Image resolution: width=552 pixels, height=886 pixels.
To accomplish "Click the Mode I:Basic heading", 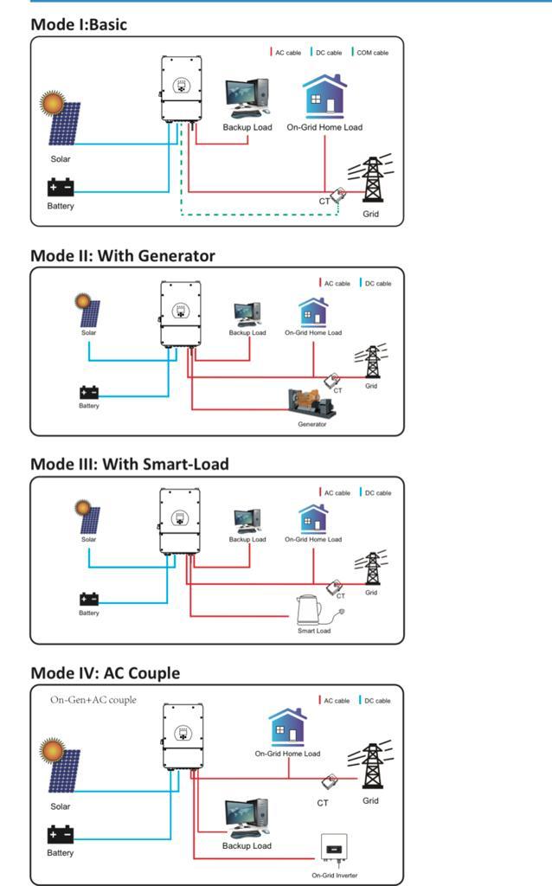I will point(79,24).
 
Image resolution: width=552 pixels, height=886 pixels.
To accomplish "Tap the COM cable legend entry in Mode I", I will point(372,53).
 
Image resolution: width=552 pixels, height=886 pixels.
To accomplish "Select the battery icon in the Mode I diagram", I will point(61,187).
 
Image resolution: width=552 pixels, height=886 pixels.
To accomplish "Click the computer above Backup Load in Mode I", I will point(247,98).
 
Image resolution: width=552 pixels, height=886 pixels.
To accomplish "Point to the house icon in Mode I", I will point(324,96).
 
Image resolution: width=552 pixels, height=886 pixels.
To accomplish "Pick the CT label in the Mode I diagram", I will point(324,201).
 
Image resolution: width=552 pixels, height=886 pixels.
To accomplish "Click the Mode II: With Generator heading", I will point(123,255).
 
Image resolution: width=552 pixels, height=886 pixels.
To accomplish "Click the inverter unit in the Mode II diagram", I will point(181,314).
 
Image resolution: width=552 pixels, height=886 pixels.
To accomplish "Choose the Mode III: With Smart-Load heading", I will point(130,464).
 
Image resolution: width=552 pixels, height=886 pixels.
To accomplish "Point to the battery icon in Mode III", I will point(89,599).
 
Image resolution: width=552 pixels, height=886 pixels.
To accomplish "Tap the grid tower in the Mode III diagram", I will point(372,569).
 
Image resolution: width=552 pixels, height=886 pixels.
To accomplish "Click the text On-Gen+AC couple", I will point(93,700).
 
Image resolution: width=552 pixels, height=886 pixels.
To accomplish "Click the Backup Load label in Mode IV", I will point(247,845).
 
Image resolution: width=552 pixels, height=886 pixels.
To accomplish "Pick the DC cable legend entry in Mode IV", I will point(376,701).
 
